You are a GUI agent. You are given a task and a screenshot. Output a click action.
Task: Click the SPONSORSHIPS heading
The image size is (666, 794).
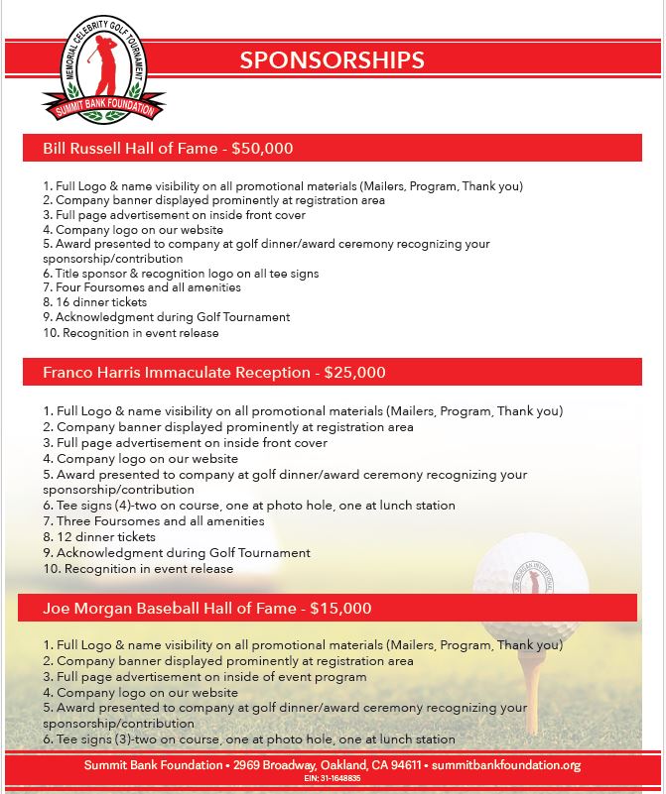pos(333,59)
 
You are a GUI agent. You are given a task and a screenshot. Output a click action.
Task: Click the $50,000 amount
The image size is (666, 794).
pos(262,149)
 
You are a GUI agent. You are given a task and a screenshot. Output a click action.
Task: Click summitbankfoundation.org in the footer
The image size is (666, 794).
pos(506,765)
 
